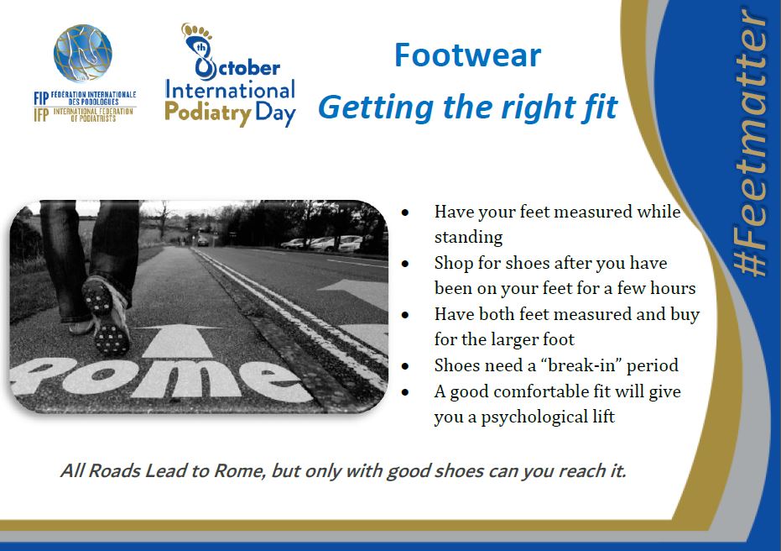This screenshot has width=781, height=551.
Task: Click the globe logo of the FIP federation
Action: (83, 54)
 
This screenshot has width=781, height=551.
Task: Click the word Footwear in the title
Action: (467, 55)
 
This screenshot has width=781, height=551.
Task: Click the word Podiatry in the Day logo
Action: (208, 113)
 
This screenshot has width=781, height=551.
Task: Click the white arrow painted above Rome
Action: (179, 340)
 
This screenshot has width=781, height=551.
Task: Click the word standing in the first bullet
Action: (468, 237)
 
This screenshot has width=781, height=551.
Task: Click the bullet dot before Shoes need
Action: (405, 366)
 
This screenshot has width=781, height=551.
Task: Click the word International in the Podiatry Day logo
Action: (230, 90)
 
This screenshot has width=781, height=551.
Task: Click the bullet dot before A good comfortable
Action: (405, 392)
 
